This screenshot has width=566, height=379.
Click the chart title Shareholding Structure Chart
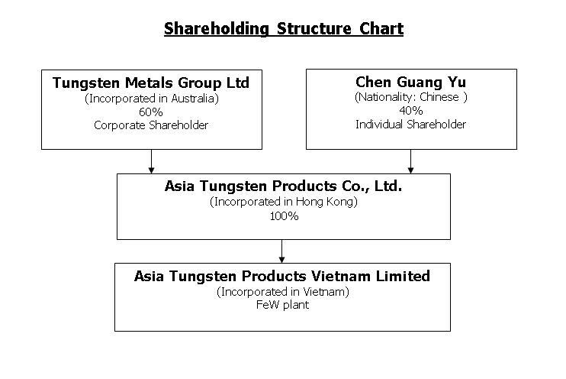coord(283,29)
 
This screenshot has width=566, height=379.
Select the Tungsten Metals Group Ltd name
coord(151,83)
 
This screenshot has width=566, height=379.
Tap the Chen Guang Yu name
coord(410,82)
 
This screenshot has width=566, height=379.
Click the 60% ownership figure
coord(151,112)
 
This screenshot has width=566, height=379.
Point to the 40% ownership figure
coord(410,111)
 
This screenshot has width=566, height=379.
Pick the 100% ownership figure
coord(283,216)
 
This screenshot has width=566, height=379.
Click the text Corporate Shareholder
coord(151,125)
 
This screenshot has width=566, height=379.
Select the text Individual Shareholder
coord(410,125)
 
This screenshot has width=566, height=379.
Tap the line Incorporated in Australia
coord(151,98)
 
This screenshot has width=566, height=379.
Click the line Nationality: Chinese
coord(410,97)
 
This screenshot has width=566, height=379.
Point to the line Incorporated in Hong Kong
coord(283,202)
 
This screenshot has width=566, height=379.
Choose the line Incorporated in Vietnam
coord(283,292)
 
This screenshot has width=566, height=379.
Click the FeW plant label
coord(283,306)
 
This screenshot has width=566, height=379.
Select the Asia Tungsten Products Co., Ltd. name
coord(283,186)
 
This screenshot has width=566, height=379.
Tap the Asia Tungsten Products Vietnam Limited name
coord(282,276)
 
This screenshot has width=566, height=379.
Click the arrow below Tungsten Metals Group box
coord(151,161)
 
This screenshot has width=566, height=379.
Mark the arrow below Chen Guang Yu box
coord(410,161)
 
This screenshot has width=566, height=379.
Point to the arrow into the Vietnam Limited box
coord(282,251)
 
